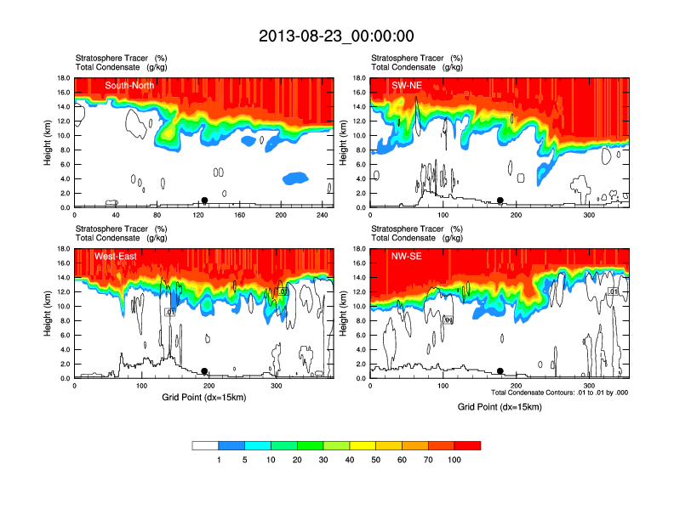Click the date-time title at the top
click(336, 36)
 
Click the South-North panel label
click(129, 85)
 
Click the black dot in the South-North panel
click(204, 201)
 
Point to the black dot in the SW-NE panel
click(500, 201)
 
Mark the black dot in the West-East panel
click(204, 371)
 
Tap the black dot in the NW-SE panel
click(500, 371)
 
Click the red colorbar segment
click(467, 445)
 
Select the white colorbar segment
click(205, 445)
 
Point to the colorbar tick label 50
click(376, 460)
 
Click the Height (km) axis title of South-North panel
click(48, 143)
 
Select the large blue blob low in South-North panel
click(295, 178)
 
